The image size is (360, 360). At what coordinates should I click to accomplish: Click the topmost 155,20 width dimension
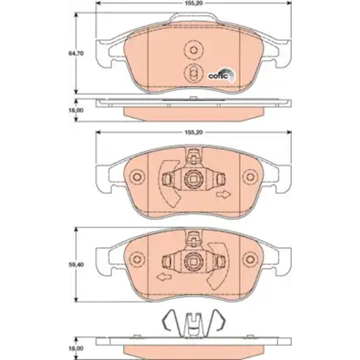click(x=194, y=3)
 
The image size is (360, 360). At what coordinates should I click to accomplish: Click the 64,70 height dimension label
click(x=76, y=53)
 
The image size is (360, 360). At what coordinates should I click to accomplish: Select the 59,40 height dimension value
click(x=76, y=265)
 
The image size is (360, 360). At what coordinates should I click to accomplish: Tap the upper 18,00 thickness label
click(x=76, y=110)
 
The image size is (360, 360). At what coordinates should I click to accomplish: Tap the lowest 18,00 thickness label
click(x=76, y=349)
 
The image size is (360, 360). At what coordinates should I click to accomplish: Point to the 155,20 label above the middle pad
click(x=194, y=133)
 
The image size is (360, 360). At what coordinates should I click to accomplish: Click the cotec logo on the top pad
click(x=222, y=75)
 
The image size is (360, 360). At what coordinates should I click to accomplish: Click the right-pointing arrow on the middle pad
click(x=223, y=194)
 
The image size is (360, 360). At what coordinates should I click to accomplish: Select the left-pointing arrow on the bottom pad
click(x=164, y=277)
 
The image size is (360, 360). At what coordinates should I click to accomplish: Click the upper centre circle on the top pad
click(x=194, y=50)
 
